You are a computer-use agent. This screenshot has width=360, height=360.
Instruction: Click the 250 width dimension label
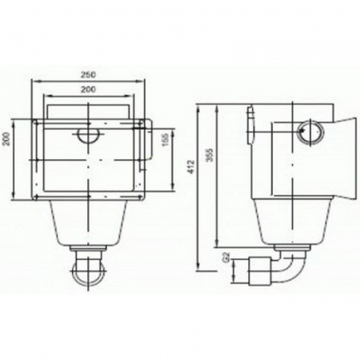[88, 75]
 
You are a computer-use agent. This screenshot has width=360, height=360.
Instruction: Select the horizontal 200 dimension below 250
[88, 90]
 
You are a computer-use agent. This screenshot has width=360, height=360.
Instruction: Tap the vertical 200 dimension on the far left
[6, 138]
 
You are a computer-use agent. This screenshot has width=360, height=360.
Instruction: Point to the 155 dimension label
[166, 139]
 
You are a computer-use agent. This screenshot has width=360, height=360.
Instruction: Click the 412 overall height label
[191, 167]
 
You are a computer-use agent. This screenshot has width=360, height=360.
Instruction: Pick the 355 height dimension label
[210, 155]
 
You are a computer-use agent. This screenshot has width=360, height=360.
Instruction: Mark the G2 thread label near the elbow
[226, 257]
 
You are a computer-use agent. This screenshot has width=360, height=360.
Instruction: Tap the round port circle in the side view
[311, 132]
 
